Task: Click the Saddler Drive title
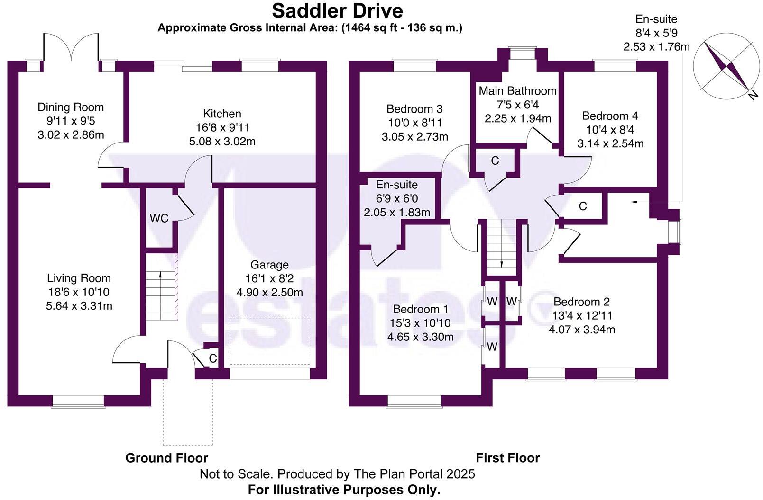click(x=337, y=10)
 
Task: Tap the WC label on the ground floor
click(x=159, y=218)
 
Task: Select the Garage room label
click(x=269, y=265)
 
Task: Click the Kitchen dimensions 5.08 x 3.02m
click(x=222, y=141)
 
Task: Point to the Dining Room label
click(x=71, y=107)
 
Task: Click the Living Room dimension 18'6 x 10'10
click(x=79, y=292)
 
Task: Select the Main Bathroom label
click(x=517, y=90)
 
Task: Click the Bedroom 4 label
click(x=610, y=116)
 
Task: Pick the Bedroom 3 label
click(x=414, y=109)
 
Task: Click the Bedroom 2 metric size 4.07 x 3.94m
click(x=581, y=329)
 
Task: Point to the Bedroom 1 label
click(x=420, y=309)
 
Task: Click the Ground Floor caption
click(x=166, y=458)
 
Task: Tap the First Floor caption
click(x=507, y=458)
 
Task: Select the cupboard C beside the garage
click(x=212, y=359)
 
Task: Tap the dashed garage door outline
click(x=270, y=341)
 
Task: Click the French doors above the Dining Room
click(x=71, y=47)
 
